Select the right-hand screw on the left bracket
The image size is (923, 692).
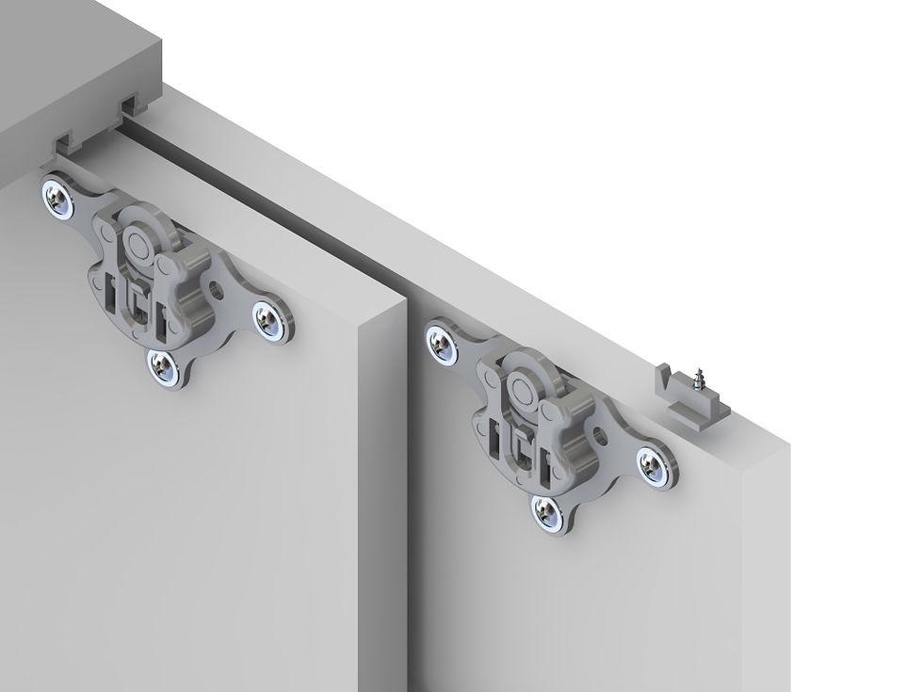coord(275,320)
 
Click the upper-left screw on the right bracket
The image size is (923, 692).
coord(442,343)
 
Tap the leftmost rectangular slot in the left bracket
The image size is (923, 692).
coord(113,289)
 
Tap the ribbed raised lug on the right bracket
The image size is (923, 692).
coord(575,428)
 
